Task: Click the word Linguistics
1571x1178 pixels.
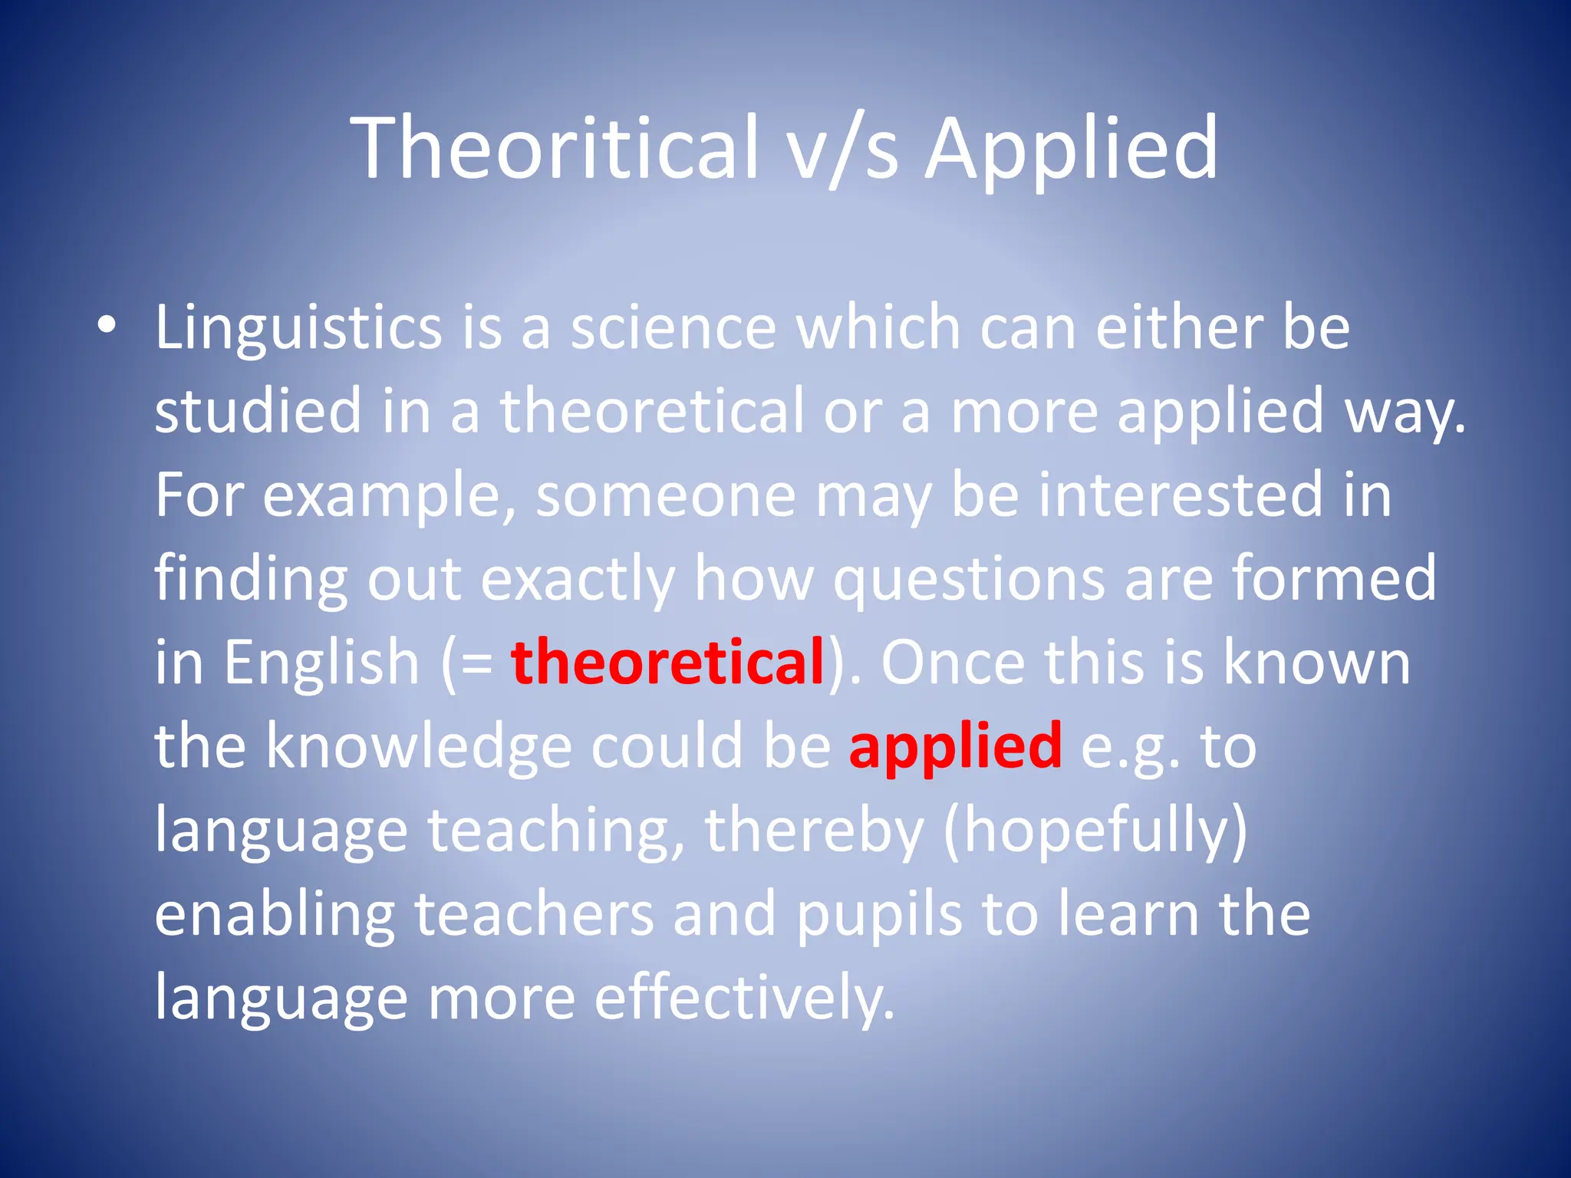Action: [298, 328]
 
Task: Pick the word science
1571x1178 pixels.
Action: [674, 328]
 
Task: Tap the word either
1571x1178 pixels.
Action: [1180, 328]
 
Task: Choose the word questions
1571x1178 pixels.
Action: [969, 580]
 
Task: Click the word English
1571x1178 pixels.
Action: [321, 663]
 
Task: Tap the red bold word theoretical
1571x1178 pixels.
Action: [667, 663]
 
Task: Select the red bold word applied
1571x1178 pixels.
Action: [956, 747]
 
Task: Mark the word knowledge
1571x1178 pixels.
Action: [419, 747]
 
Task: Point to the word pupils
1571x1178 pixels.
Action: [879, 915]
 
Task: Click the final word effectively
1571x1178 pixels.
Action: [744, 998]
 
